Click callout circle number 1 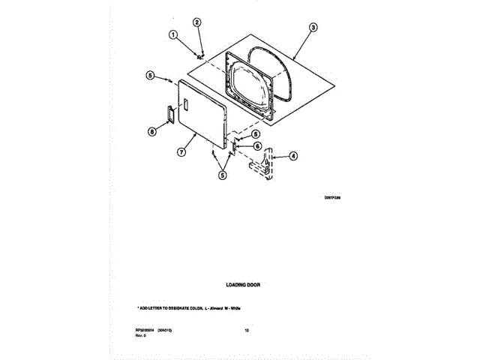173,34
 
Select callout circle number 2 197,22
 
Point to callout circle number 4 293,156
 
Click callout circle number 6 256,146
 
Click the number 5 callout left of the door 150,75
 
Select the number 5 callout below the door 222,175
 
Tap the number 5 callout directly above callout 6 256,134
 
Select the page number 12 247,330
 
